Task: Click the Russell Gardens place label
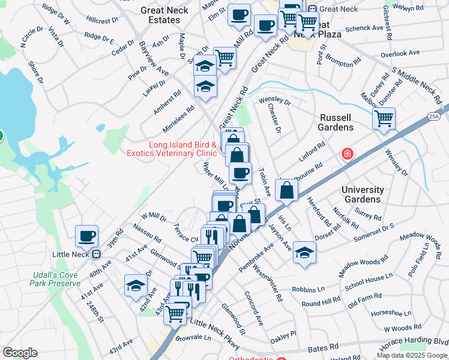[336, 122]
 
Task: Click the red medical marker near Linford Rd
[346, 154]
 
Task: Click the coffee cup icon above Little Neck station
[87, 235]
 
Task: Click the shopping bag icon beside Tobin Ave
[288, 190]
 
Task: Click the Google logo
[20, 353]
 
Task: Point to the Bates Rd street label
[322, 348]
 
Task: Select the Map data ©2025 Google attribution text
[412, 355]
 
